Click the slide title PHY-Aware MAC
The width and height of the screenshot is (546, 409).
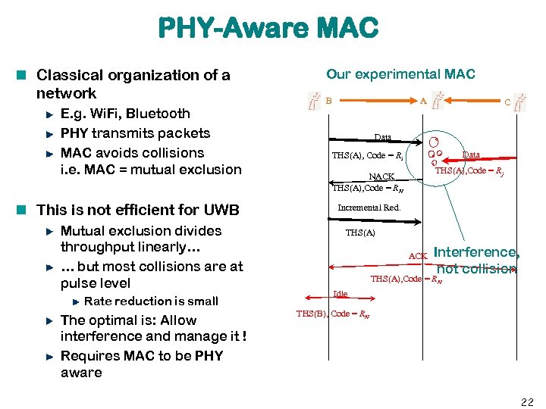(x=268, y=29)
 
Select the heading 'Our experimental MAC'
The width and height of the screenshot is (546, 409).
(x=400, y=74)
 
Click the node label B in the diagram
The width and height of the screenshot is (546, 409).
(x=328, y=100)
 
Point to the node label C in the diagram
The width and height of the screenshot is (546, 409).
(x=507, y=101)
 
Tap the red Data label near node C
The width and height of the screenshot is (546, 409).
(x=471, y=155)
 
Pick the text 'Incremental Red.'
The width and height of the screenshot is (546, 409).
(x=369, y=207)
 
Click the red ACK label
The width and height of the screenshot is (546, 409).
(x=418, y=256)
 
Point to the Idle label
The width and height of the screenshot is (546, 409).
(x=340, y=293)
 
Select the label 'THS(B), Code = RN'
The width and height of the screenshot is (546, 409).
(x=332, y=314)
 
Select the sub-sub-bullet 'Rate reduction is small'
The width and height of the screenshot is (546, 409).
(x=151, y=301)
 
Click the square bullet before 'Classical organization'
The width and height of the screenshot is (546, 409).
(x=25, y=75)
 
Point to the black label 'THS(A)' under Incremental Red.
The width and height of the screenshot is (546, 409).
(x=359, y=233)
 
